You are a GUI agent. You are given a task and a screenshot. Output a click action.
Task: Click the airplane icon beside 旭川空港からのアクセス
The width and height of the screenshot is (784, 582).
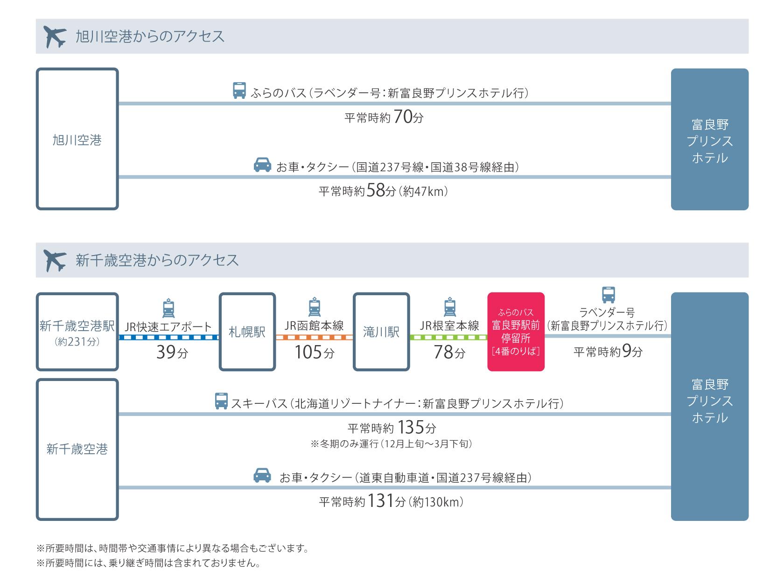point(55,37)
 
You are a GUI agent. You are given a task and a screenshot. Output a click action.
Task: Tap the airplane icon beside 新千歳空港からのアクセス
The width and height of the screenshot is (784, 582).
point(55,260)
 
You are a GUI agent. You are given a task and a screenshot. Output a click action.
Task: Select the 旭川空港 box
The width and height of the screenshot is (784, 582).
point(77,139)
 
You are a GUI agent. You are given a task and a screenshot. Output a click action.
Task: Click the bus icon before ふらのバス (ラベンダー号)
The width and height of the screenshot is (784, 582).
point(239,90)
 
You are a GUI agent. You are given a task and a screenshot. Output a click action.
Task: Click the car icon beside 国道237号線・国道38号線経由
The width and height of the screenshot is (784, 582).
point(262,165)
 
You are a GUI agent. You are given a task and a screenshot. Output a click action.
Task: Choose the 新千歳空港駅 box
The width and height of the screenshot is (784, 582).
point(77,332)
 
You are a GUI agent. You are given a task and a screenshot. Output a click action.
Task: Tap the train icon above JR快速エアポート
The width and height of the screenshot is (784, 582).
point(168,307)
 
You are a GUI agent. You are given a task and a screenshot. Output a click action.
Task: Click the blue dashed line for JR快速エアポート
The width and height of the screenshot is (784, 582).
point(169,337)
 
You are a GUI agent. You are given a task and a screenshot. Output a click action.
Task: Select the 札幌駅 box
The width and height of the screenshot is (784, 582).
point(247,332)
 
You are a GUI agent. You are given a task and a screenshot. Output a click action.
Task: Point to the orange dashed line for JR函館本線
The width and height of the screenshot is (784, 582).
point(314,337)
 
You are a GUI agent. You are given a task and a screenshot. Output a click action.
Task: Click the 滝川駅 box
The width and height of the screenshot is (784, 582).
point(381,332)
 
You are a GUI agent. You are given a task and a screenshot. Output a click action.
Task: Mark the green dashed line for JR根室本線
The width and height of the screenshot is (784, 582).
point(448,337)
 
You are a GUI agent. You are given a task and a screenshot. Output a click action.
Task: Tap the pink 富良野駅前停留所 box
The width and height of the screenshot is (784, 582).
point(516,332)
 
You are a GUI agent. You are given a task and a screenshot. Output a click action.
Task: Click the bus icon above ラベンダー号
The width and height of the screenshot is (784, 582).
point(608,295)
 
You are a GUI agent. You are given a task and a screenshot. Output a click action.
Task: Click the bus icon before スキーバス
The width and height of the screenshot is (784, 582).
point(221,401)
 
